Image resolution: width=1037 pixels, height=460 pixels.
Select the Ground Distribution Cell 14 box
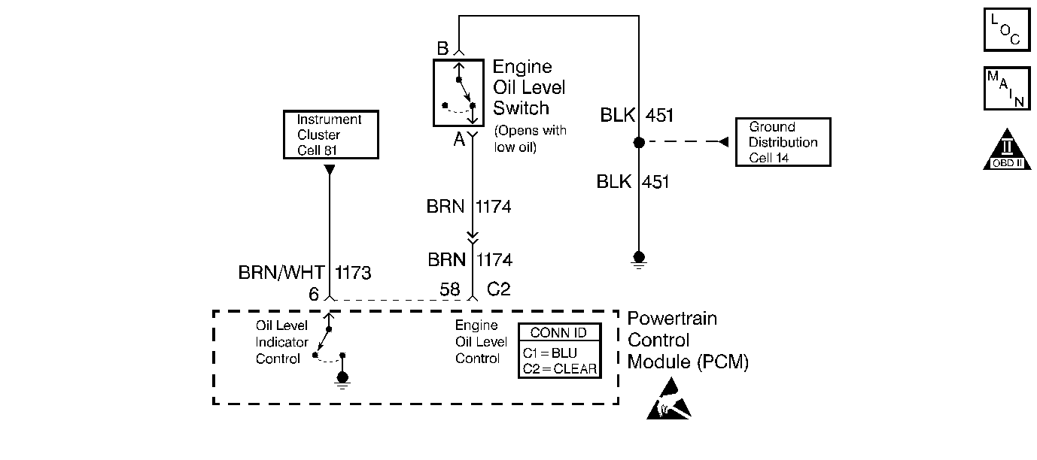pos(783,141)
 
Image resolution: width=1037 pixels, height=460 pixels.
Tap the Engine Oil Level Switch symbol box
pos(460,93)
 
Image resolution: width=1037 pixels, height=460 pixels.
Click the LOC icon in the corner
pos(1006,29)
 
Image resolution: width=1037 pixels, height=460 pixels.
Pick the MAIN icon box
pos(1006,89)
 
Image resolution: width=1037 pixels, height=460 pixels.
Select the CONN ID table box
pos(560,351)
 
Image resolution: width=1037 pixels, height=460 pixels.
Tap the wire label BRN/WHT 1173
pos(305,273)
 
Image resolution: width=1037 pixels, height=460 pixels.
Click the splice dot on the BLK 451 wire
pos(638,142)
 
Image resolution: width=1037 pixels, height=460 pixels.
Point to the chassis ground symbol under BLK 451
pos(638,259)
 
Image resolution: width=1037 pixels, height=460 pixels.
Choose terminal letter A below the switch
pos(458,138)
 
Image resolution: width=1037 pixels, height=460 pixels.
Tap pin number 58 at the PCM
pos(449,289)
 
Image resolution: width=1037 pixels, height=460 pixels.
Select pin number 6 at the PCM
pos(314,294)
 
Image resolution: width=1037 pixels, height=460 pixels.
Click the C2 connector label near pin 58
pos(499,289)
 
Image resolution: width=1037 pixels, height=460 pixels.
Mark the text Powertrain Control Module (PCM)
pos(687,340)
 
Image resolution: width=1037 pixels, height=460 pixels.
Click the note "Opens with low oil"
pos(530,138)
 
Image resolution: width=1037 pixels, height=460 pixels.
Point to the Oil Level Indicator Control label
pos(282,342)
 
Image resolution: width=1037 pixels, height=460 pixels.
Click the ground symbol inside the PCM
pos(342,380)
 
